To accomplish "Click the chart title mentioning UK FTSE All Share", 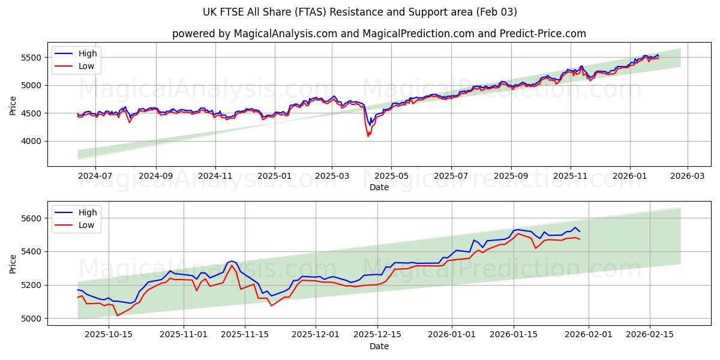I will pos(360,12).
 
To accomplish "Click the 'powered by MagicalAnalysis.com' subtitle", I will pos(379,34).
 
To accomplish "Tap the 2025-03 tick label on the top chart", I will pos(332,176).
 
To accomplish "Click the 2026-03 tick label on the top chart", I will pos(687,176).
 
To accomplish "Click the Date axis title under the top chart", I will pos(379,187).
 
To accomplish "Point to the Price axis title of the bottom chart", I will pos(13,263).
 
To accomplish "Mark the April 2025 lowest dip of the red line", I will pos(368,136).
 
